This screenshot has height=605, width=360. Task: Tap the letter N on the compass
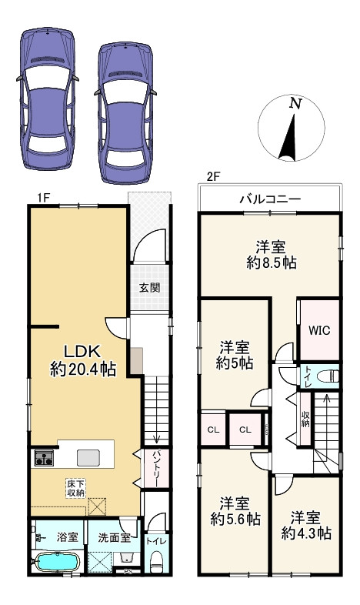point(294,103)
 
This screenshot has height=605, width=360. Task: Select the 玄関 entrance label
point(149,288)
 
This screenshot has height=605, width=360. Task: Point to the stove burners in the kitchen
point(42,460)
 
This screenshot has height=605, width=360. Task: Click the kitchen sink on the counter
point(87,457)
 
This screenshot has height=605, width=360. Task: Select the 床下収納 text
point(75,487)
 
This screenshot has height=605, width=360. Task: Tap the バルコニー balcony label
point(269,199)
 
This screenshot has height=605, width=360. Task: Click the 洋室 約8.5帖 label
point(271,254)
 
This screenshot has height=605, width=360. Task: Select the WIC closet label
point(319,330)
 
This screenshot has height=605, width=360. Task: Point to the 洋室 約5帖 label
point(235,356)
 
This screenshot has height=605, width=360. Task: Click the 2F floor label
point(212,175)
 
